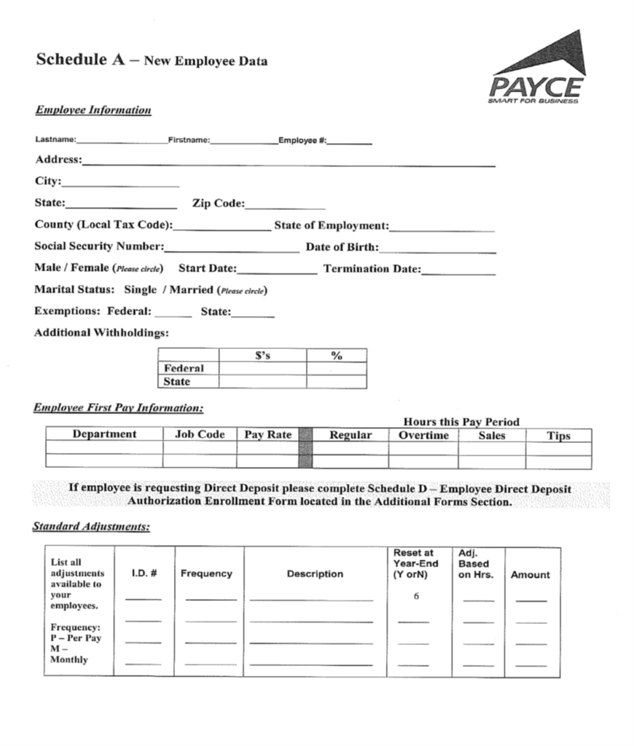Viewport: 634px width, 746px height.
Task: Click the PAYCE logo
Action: pos(537,70)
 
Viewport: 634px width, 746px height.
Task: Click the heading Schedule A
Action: pos(82,60)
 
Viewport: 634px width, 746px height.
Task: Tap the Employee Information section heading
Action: pos(93,110)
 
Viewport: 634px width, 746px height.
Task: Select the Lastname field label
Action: pos(55,140)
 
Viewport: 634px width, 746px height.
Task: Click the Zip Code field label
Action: pos(218,204)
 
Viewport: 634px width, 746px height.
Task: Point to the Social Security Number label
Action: pos(99,247)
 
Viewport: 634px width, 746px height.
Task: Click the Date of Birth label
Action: pos(342,247)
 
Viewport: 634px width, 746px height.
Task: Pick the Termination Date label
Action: pos(372,269)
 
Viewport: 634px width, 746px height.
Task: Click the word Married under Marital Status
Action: pos(192,290)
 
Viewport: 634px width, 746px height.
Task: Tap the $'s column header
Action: pos(262,356)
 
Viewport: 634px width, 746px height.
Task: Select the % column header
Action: pos(336,356)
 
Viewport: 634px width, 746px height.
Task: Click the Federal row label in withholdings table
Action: pos(184,369)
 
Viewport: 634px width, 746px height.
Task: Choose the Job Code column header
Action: pos(200,434)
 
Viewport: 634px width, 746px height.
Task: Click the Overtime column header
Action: pos(423,435)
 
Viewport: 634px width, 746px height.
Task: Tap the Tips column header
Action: pos(558,436)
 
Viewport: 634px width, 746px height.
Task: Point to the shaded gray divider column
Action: pos(305,448)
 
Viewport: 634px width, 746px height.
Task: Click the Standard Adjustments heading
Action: pos(91,526)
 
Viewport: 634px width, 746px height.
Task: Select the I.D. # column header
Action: pos(144,573)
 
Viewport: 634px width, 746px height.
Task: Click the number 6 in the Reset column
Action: pos(415,596)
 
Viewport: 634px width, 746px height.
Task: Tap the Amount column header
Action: pos(530,575)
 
